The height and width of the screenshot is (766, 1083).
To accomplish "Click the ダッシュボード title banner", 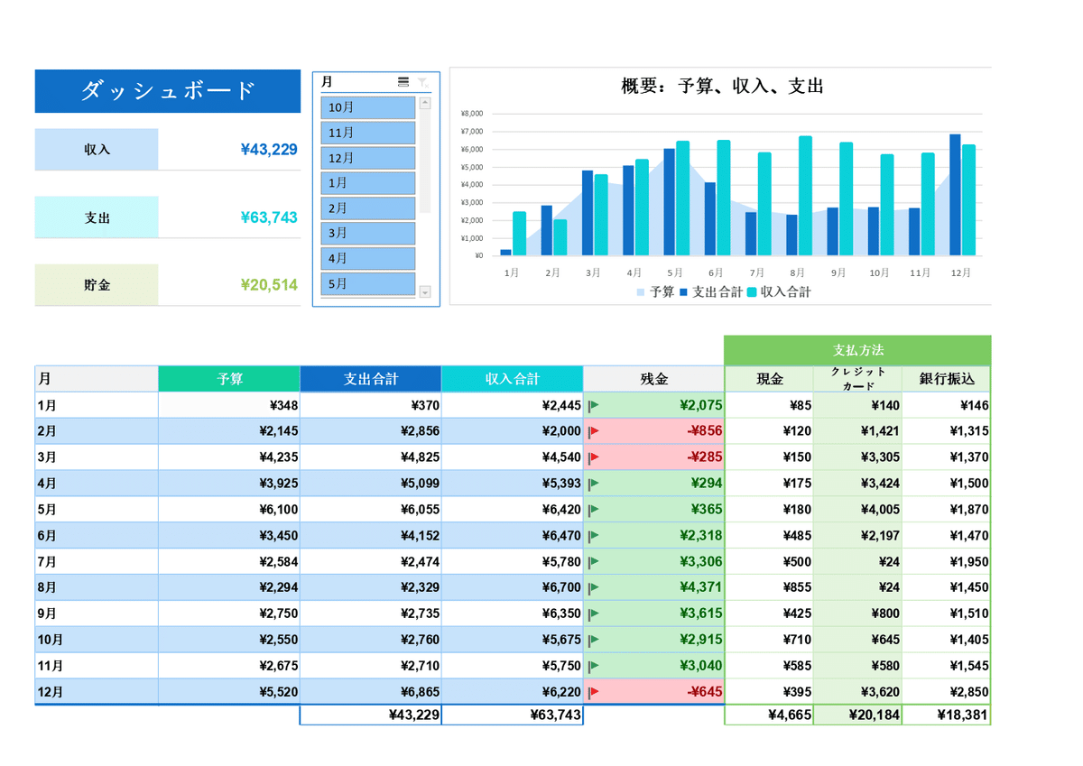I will click(168, 91).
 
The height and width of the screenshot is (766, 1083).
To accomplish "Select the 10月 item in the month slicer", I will click(367, 107).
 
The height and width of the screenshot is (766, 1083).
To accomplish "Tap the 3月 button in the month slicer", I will click(367, 233).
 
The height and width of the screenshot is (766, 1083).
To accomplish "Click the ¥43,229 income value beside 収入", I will click(269, 150).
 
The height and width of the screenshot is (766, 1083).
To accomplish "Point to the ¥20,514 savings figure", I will click(269, 285).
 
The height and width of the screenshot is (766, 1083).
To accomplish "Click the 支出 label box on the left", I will click(97, 217).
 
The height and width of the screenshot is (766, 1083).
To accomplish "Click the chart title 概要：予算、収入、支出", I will click(722, 87).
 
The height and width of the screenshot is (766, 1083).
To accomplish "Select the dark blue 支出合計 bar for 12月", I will click(955, 195).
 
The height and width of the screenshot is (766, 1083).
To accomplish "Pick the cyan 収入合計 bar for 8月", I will click(805, 196).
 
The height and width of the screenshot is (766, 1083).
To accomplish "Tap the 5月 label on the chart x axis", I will click(675, 272).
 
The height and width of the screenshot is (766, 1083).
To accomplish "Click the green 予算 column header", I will click(229, 379).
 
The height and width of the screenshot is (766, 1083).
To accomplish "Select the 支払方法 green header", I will click(857, 350).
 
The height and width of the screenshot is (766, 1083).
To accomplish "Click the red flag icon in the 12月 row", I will click(594, 693).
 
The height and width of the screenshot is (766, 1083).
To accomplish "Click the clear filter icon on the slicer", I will click(422, 82).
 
